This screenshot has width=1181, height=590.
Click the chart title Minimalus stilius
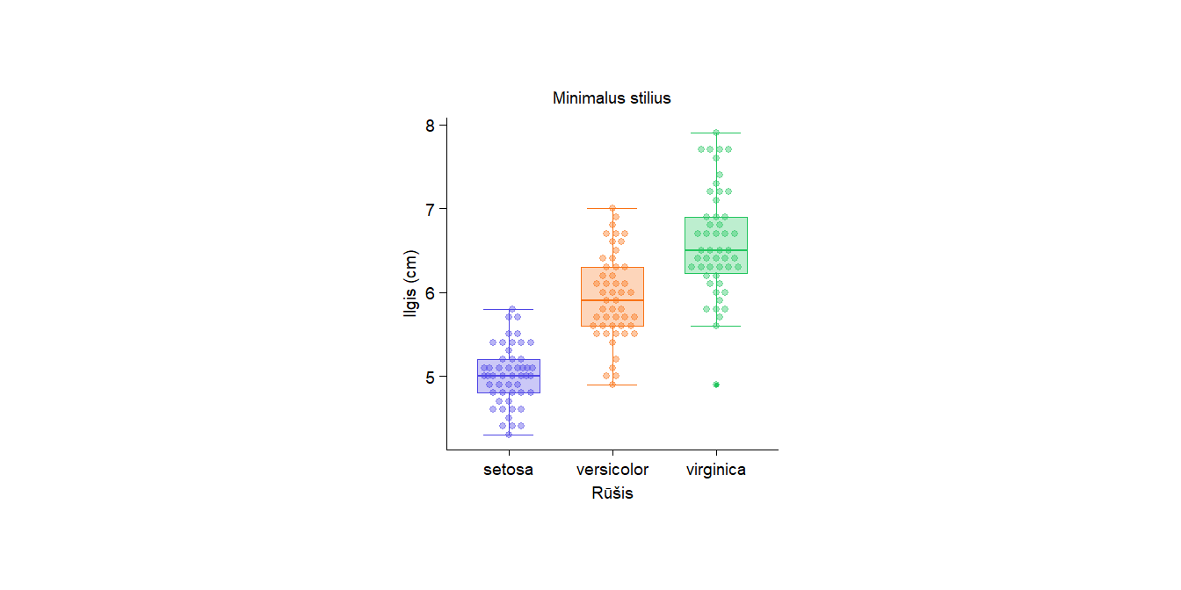612,98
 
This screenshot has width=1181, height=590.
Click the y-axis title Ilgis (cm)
411,284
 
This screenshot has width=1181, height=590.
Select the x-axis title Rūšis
612,493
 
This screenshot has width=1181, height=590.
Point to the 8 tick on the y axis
431,125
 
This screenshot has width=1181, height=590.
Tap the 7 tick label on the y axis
431,209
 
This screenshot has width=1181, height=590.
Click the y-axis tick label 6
431,292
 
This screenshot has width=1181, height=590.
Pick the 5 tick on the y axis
431,377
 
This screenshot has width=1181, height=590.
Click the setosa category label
508,470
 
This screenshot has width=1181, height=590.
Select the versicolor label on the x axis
612,470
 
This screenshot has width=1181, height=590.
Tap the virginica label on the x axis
716,470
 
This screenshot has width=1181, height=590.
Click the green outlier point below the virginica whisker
716,385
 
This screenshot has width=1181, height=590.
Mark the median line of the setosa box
509,376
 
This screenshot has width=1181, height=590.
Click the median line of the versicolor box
612,300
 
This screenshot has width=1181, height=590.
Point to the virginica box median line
716,250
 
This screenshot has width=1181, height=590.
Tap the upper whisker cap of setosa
509,309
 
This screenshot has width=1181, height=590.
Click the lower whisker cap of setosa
509,435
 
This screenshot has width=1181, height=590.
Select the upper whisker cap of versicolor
612,208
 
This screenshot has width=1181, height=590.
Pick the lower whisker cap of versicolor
612,385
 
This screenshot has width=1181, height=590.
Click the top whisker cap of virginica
716,133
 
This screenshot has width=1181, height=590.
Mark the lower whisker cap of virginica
716,326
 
